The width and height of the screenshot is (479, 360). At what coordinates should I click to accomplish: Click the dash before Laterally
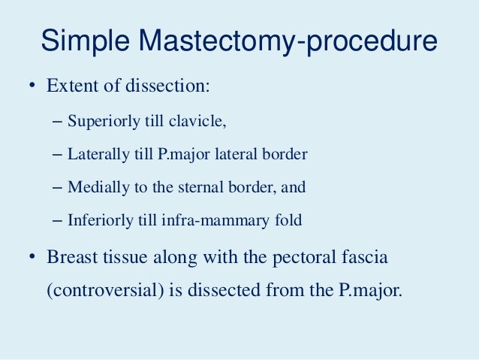click(60, 154)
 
